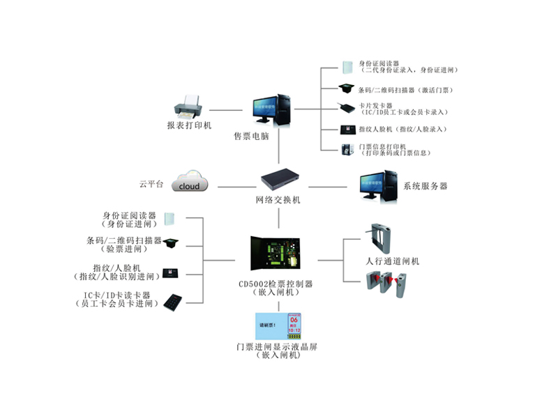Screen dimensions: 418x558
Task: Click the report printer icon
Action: pyautogui.click(x=188, y=107)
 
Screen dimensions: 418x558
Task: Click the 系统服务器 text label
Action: pyautogui.click(x=425, y=186)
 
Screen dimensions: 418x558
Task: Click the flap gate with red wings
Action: pyautogui.click(x=388, y=282)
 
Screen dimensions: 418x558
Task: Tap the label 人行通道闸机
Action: pyautogui.click(x=393, y=261)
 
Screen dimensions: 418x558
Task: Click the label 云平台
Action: pyautogui.click(x=151, y=184)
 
